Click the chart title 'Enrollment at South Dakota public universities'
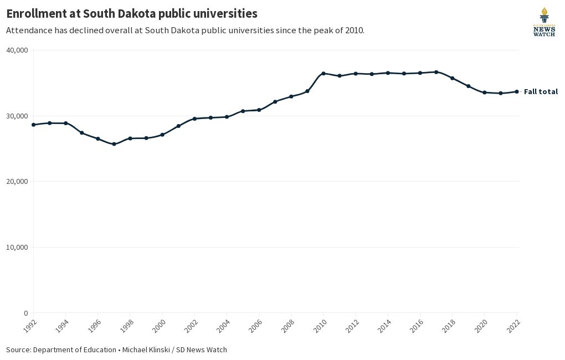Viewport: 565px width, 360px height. pyautogui.click(x=132, y=13)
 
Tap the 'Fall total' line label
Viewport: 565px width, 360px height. pyautogui.click(x=541, y=92)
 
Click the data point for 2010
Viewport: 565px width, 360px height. pyautogui.click(x=323, y=73)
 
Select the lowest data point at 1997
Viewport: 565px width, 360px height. pyautogui.click(x=114, y=144)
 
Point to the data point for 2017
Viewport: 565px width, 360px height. pyautogui.click(x=436, y=72)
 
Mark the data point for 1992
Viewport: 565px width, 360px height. pyautogui.click(x=33, y=125)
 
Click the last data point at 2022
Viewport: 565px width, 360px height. pyautogui.click(x=517, y=91)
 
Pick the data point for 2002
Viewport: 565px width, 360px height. pyautogui.click(x=194, y=119)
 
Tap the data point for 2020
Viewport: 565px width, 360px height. pyautogui.click(x=485, y=92)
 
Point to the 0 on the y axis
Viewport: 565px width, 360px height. pyautogui.click(x=25, y=313)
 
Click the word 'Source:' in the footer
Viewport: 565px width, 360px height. pyautogui.click(x=18, y=350)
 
